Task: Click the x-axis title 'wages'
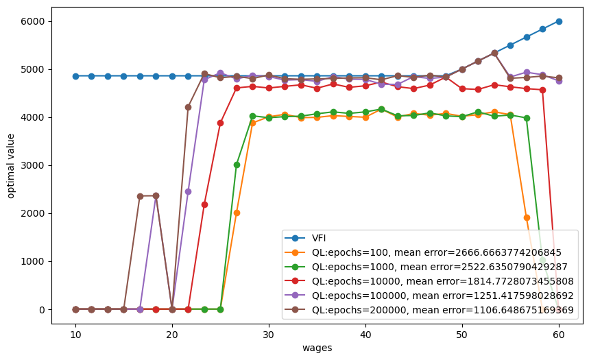[317, 348]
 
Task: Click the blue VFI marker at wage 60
[559, 21]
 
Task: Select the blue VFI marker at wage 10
[75, 76]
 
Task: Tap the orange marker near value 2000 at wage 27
[237, 213]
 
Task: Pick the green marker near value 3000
[237, 165]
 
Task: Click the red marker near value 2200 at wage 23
[204, 204]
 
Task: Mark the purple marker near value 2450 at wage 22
[188, 191]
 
